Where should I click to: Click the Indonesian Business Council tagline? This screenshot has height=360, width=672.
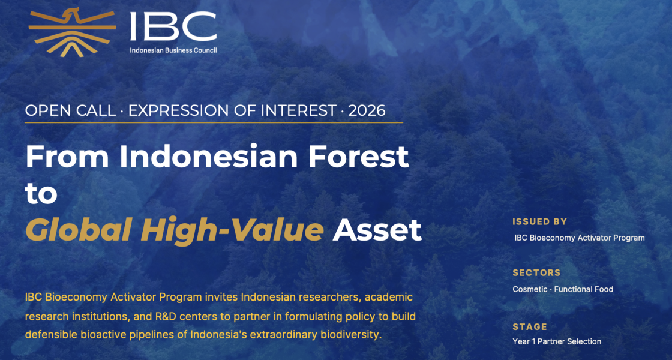[x=173, y=50]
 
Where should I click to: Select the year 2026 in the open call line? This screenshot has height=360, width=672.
[x=367, y=111]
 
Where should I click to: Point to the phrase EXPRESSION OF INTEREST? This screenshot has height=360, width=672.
[x=232, y=111]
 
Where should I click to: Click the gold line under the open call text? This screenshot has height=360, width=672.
[x=214, y=122]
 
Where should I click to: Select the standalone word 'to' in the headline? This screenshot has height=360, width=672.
[x=41, y=194]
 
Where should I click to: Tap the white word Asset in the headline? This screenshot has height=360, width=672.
[x=377, y=230]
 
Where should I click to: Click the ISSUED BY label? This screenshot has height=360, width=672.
[x=539, y=221]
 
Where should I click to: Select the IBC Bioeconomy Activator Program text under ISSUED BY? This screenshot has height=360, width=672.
[x=580, y=238]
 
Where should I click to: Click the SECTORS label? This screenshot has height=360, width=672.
[x=536, y=273]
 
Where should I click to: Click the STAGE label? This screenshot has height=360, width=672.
[x=530, y=327]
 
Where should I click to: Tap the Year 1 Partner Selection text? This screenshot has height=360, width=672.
[x=557, y=341]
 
